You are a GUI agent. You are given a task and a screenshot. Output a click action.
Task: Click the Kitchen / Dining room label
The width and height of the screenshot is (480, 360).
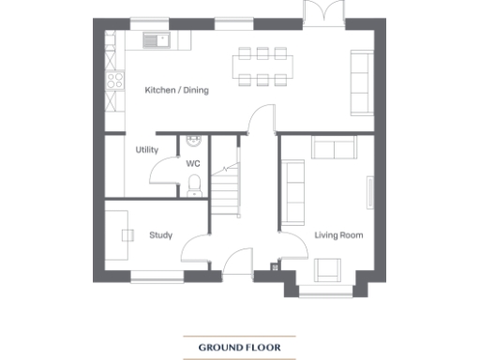[x=176, y=91]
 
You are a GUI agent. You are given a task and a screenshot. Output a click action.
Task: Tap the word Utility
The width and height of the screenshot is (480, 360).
[x=146, y=150]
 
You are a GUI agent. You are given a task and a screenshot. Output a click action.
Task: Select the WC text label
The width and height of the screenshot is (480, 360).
[x=193, y=163]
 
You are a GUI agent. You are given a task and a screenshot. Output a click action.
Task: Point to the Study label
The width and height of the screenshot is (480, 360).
[x=160, y=235]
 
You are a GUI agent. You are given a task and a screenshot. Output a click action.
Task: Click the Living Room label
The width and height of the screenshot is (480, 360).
[x=338, y=235]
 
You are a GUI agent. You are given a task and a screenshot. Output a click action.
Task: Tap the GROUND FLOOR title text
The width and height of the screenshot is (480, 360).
[x=239, y=348]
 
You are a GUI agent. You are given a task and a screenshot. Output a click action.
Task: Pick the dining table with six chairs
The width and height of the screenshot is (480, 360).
[x=264, y=66]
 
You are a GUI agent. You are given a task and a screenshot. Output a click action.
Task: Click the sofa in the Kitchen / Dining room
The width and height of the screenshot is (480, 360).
[x=360, y=81]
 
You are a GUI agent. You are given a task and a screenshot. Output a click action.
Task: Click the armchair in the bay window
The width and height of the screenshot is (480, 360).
[x=327, y=270]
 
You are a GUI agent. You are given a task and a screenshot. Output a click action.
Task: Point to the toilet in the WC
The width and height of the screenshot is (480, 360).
[x=193, y=189]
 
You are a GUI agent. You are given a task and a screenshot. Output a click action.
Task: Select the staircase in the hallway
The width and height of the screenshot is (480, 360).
[x=226, y=187]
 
